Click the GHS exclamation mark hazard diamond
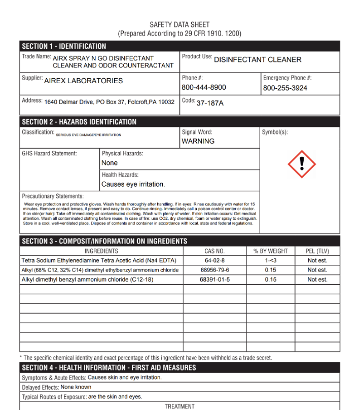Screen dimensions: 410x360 [x=302, y=164]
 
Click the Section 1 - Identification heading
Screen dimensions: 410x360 [x=64, y=46]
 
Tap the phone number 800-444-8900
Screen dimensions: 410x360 [x=204, y=87]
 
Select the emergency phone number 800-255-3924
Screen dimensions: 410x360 [x=285, y=88]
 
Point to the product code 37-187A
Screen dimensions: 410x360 [x=210, y=103]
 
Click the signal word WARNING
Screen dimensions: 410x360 [x=198, y=141]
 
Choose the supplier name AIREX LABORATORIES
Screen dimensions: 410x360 [x=84, y=81]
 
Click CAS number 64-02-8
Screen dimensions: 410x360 [x=214, y=260]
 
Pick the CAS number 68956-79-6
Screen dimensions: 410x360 [x=214, y=270]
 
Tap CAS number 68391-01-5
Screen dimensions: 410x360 [x=214, y=280]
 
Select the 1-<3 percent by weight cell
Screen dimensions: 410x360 [x=270, y=260]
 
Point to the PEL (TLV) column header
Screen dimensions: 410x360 [x=317, y=251]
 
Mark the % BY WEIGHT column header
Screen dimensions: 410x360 [x=270, y=251]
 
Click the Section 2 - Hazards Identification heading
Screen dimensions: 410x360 [x=79, y=122]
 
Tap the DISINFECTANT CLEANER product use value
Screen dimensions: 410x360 [x=258, y=59]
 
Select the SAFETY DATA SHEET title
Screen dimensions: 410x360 [x=179, y=24]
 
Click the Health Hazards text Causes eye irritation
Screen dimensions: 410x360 [x=133, y=184]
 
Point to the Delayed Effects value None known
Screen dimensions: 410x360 [x=80, y=387]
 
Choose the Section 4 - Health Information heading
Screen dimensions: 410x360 [x=109, y=367]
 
